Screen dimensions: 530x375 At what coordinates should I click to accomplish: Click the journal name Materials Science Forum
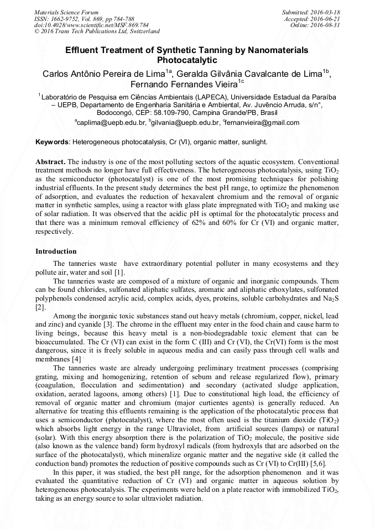coord(66,12)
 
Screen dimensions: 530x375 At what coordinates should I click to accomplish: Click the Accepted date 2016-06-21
coord(326,18)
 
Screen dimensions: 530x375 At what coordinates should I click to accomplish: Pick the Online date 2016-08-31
coord(326,25)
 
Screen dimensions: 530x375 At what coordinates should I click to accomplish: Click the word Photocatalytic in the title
coord(187,60)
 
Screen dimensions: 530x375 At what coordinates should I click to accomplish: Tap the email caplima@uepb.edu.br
coord(111,122)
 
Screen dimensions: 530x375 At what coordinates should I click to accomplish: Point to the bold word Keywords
coord(52,142)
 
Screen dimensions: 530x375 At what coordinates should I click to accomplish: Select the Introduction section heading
coord(56,251)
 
